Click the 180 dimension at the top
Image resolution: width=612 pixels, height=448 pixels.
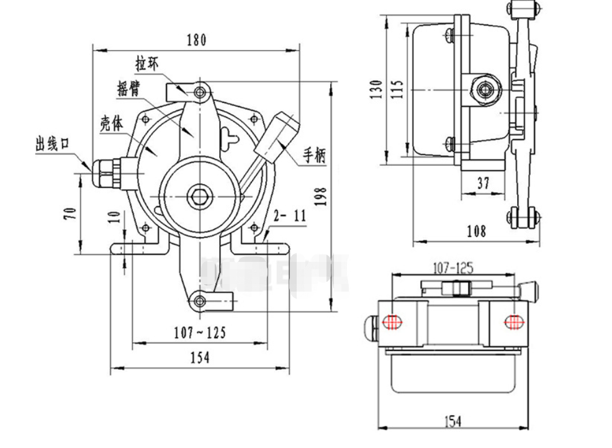click(196, 41)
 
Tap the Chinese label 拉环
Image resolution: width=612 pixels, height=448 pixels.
click(148, 64)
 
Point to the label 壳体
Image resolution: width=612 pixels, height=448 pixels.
click(112, 123)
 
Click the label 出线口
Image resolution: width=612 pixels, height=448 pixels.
click(53, 146)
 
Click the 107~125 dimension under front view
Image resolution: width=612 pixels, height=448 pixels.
click(199, 333)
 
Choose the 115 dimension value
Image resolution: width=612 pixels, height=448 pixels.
click(397, 90)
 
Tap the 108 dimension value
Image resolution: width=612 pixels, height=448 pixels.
click(476, 231)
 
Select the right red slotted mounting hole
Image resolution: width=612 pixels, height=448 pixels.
click(513, 321)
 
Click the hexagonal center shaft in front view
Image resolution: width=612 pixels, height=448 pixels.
click(199, 197)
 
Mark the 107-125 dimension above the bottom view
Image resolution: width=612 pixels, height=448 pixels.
click(452, 269)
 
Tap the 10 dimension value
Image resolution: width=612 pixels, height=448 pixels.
click(112, 217)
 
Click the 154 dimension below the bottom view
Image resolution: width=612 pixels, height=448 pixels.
click(452, 421)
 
